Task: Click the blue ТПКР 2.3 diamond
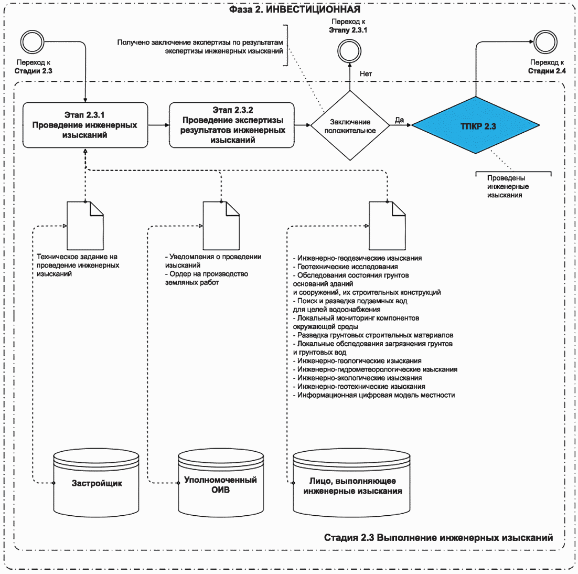pos(476,125)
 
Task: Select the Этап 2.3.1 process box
pos(85,125)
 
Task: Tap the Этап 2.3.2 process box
pos(232,125)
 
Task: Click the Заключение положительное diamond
pos(350,126)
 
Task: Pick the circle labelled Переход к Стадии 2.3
pos(33,42)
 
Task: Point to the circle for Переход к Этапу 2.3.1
pos(349,51)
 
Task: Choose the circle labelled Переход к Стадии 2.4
pos(545,42)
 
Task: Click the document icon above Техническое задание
pos(85,226)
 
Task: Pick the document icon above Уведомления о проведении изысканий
pos(221,226)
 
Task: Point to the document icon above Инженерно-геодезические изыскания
pos(388,226)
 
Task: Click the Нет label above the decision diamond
pos(366,74)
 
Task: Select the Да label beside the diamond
pos(400,120)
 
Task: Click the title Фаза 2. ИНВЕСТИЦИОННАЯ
pos(295,9)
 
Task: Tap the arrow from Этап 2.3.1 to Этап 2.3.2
pos(158,125)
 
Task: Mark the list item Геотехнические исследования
pos(346,267)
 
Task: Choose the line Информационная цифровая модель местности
pos(374,395)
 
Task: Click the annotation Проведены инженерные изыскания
pos(508,187)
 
